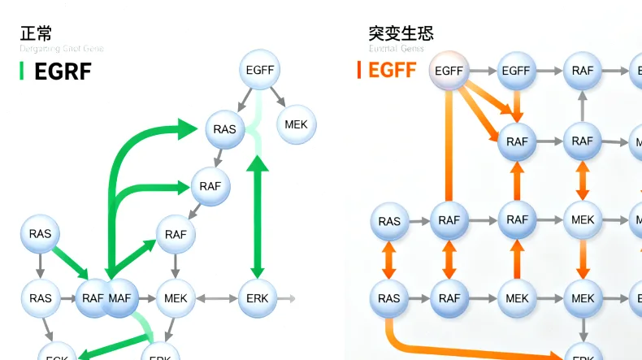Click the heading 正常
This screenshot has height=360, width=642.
point(36,33)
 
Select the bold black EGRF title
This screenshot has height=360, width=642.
point(63,72)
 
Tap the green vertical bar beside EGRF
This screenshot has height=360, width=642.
point(22,71)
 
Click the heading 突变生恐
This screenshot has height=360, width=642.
point(401,33)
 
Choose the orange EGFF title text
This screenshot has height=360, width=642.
point(392,71)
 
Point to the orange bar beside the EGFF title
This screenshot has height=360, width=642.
point(359,71)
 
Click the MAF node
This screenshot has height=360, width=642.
point(119,298)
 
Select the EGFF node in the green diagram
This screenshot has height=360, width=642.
point(261,71)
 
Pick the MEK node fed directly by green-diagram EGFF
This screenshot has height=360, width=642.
point(297,124)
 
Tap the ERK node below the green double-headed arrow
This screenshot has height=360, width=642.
point(258,298)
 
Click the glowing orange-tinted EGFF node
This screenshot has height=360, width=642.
point(449,71)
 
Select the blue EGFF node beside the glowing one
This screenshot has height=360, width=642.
point(516,71)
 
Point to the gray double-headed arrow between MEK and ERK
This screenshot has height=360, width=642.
point(216,298)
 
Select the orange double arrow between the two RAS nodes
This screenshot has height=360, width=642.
point(389,259)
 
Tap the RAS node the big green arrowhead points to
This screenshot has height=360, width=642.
point(225,129)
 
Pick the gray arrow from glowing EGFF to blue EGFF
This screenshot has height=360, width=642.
point(483,71)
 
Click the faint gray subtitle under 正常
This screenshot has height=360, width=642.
point(61,49)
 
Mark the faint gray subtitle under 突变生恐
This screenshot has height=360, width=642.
point(396,49)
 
